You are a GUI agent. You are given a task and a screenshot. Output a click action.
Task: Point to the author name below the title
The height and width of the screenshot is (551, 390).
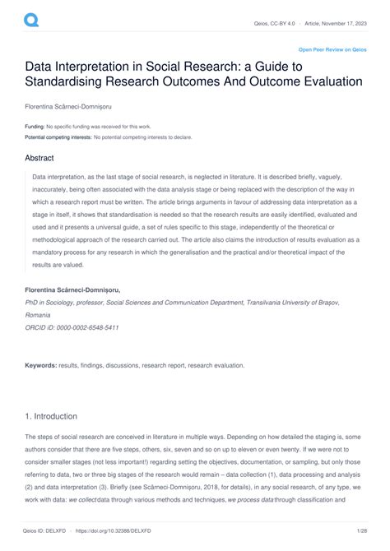coord(65,106)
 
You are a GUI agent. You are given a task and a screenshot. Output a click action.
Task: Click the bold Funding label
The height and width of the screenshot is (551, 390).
coord(34,127)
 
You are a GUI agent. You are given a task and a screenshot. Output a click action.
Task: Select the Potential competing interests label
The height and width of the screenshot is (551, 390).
coord(58,137)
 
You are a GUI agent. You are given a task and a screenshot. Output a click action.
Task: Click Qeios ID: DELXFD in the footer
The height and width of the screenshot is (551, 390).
coord(51,531)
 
